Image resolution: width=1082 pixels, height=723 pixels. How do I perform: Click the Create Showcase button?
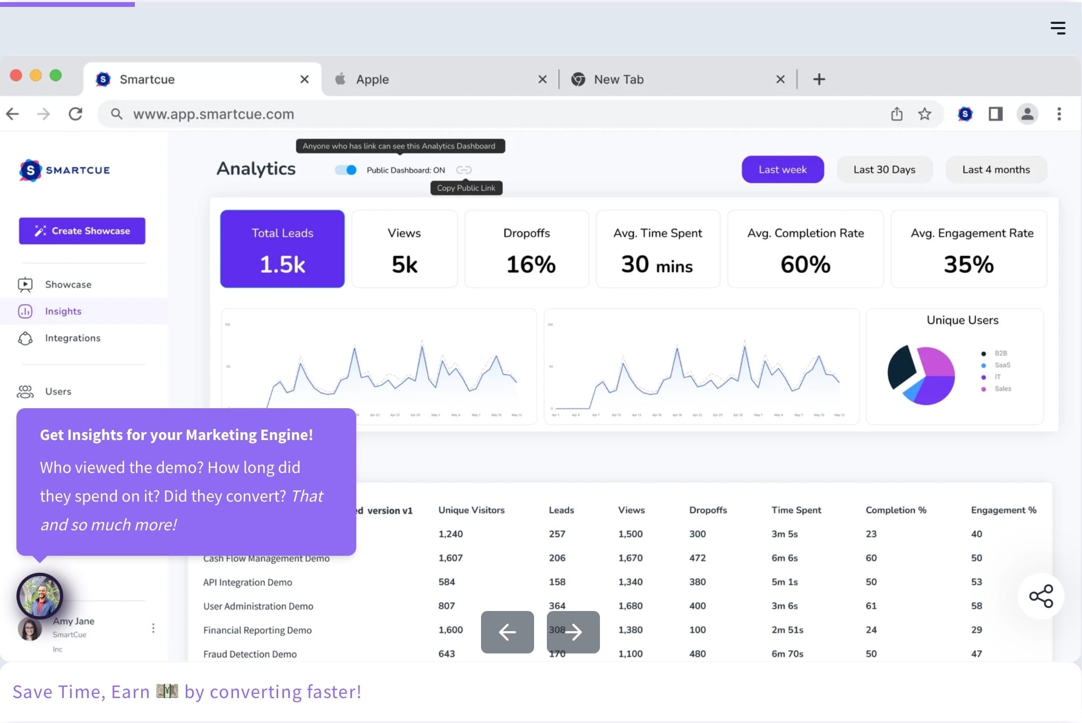tap(82, 231)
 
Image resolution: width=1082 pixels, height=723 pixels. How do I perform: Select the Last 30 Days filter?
tap(884, 170)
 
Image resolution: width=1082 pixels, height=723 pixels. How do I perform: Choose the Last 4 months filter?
tap(995, 170)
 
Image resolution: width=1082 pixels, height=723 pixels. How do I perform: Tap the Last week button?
tap(782, 170)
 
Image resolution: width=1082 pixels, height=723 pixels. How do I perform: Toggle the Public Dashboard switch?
tap(346, 170)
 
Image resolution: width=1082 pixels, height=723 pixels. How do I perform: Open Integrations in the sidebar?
tap(72, 338)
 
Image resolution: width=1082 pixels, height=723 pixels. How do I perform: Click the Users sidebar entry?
tap(58, 391)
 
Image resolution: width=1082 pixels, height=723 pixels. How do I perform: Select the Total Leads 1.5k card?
tap(282, 249)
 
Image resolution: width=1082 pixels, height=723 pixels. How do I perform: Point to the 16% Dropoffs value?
tap(530, 264)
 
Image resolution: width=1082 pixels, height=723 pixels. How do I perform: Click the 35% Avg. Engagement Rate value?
tap(968, 264)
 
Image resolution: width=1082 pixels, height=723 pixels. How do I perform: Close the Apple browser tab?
tap(542, 79)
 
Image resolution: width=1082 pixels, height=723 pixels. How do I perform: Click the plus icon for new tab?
tap(819, 79)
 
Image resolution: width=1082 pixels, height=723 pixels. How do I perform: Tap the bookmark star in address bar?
tap(924, 114)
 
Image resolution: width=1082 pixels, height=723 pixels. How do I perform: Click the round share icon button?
tap(1041, 596)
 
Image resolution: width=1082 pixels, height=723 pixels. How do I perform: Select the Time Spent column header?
tap(796, 510)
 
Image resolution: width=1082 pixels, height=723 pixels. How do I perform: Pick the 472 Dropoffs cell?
tap(697, 558)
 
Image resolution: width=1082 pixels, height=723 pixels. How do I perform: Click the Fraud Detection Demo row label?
tap(250, 654)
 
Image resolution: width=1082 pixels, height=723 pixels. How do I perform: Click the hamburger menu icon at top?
tap(1058, 28)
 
